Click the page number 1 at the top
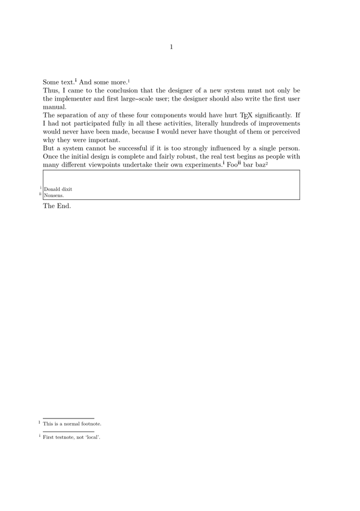[x=172, y=48]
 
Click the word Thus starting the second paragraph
[x=51, y=90]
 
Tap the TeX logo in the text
[x=246, y=115]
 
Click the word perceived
[x=284, y=132]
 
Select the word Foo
[x=232, y=165]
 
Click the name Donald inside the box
[x=52, y=189]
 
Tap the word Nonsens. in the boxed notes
[x=54, y=195]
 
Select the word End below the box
[x=64, y=206]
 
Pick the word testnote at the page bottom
[x=65, y=437]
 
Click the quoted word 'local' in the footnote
[x=93, y=437]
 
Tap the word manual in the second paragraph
[x=54, y=107]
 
